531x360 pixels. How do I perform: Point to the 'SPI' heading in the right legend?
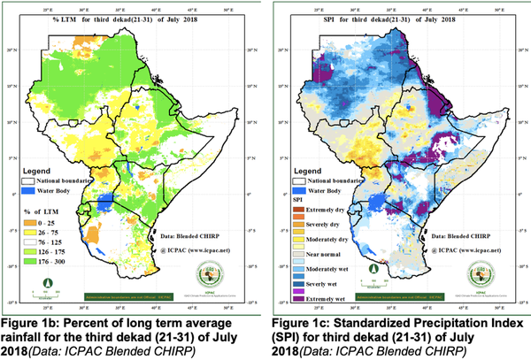(x=299, y=203)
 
